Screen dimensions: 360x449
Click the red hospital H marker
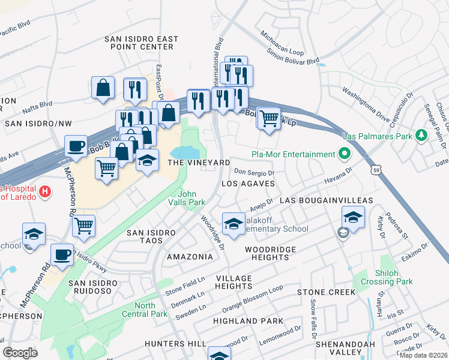(44, 193)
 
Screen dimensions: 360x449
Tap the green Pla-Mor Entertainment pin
(343, 155)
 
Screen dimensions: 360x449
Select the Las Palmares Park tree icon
(422, 136)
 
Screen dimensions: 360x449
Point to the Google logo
(20, 352)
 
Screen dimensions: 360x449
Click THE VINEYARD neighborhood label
(199, 163)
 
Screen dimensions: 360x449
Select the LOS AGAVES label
(249, 183)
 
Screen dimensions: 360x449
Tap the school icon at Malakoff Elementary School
(233, 224)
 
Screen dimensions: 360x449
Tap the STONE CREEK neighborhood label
(326, 292)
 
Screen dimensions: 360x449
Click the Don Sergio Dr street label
(254, 172)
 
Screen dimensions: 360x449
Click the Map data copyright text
(423, 355)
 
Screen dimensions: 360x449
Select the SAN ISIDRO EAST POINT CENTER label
(142, 42)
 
